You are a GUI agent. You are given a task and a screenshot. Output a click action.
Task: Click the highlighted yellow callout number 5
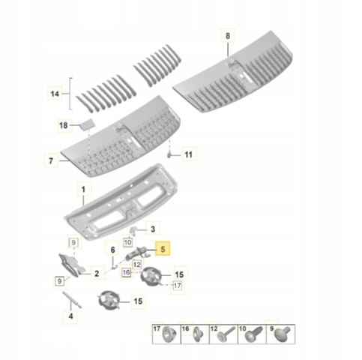(163, 248)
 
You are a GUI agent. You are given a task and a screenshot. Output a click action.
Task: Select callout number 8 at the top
(228, 36)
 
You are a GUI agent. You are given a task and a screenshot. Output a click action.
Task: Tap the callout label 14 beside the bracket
(55, 94)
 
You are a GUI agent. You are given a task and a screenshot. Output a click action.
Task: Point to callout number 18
(64, 125)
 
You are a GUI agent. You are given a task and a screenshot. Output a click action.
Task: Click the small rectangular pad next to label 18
(87, 124)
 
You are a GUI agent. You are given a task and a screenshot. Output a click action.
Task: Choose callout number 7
(51, 160)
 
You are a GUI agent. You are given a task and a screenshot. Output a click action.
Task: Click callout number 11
(188, 154)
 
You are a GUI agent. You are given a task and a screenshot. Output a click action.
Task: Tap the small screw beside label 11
(169, 155)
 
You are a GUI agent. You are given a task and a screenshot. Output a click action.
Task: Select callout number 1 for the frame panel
(83, 189)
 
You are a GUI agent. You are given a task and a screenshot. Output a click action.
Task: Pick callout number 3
(153, 229)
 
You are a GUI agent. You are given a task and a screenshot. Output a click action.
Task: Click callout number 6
(113, 250)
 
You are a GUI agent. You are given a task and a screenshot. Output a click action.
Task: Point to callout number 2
(97, 274)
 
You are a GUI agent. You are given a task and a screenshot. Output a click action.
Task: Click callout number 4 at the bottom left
(70, 316)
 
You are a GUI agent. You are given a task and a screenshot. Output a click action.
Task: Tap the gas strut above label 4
(72, 300)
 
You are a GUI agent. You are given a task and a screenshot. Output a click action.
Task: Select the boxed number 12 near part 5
(137, 264)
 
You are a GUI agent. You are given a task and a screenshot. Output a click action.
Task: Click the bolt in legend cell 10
(254, 333)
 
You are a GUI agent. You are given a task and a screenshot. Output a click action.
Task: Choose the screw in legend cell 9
(283, 334)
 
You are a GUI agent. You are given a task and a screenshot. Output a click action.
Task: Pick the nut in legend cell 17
(169, 334)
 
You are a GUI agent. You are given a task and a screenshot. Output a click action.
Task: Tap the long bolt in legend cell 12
(226, 334)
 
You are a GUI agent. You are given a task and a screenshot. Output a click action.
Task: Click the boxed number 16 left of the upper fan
(127, 272)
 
